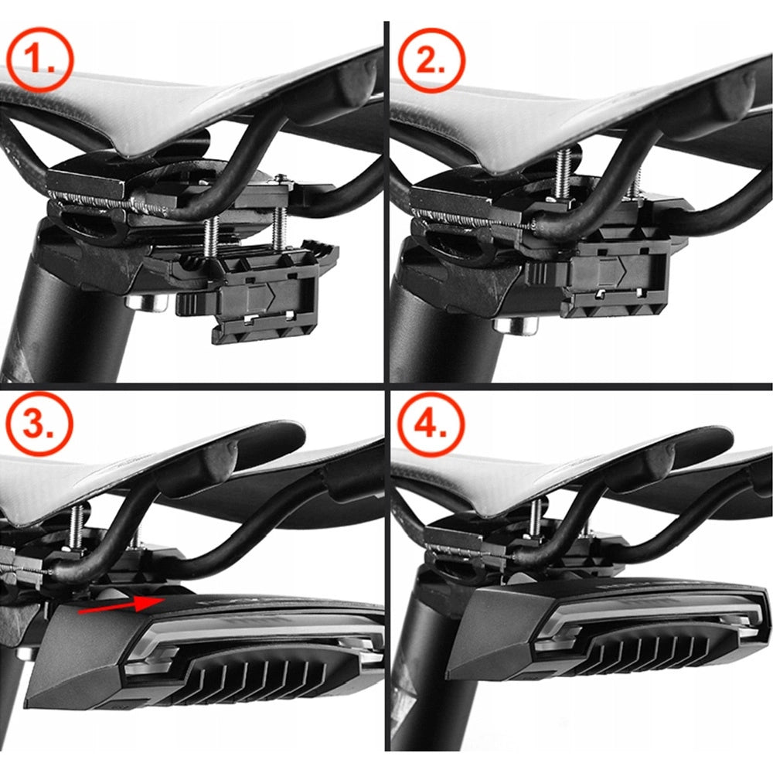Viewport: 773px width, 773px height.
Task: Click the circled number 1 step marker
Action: [x=40, y=59]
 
